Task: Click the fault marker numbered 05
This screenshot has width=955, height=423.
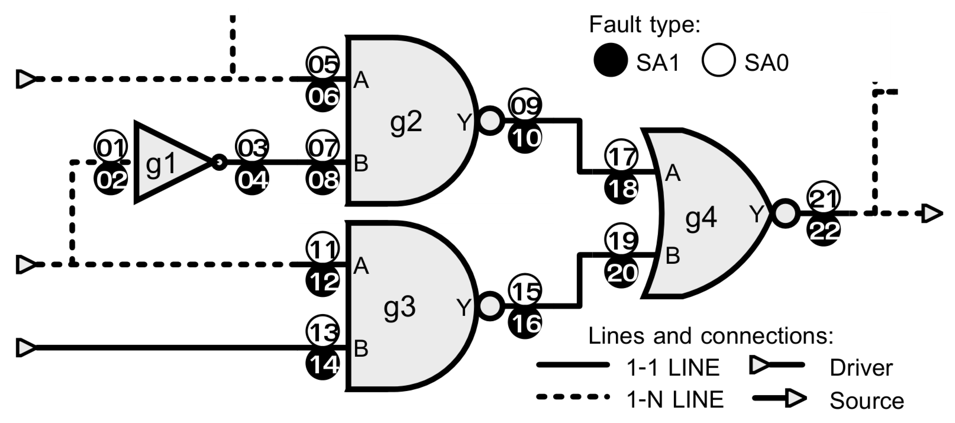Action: pyautogui.click(x=322, y=64)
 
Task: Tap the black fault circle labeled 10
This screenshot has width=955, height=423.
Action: pyautogui.click(x=525, y=138)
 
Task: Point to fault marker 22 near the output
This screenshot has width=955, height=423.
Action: pyautogui.click(x=823, y=230)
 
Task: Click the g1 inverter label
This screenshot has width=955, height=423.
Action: pyautogui.click(x=161, y=164)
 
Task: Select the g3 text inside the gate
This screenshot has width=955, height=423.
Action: pyautogui.click(x=399, y=308)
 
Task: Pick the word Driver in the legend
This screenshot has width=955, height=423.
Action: pyautogui.click(x=861, y=368)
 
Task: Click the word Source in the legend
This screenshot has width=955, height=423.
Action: pyautogui.click(x=867, y=401)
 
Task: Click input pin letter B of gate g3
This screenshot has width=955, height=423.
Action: pyautogui.click(x=361, y=349)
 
